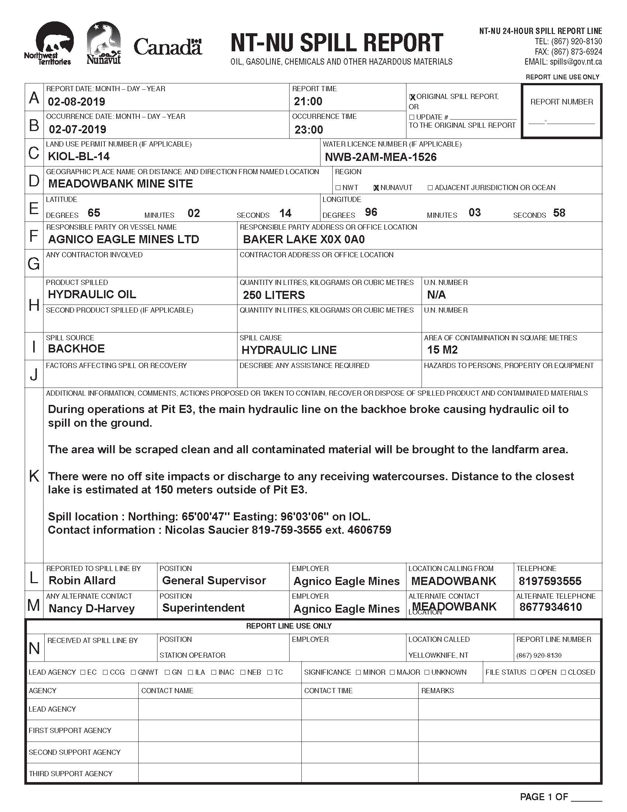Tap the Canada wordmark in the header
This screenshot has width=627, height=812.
pyautogui.click(x=167, y=47)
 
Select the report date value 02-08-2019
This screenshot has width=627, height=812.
pyautogui.click(x=76, y=101)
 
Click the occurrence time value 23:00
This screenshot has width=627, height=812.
pyautogui.click(x=309, y=130)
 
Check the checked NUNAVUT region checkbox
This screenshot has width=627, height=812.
pyautogui.click(x=376, y=188)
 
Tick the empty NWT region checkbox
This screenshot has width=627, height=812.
pyautogui.click(x=337, y=188)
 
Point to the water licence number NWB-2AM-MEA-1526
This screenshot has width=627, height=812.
pyautogui.click(x=381, y=157)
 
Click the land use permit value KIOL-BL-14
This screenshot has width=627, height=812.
pyautogui.click(x=79, y=156)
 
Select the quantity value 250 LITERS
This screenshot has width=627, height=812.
pyautogui.click(x=274, y=295)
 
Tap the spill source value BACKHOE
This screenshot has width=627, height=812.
pyautogui.click(x=76, y=349)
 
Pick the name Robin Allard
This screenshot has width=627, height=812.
pyautogui.click(x=82, y=580)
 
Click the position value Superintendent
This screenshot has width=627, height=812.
pyautogui.click(x=204, y=608)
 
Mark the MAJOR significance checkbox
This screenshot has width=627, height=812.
pyautogui.click(x=393, y=672)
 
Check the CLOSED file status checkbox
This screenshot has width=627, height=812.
pyautogui.click(x=564, y=672)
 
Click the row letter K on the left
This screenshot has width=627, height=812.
pyautogui.click(x=34, y=475)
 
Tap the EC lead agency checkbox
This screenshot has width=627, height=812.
pyautogui.click(x=83, y=672)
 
